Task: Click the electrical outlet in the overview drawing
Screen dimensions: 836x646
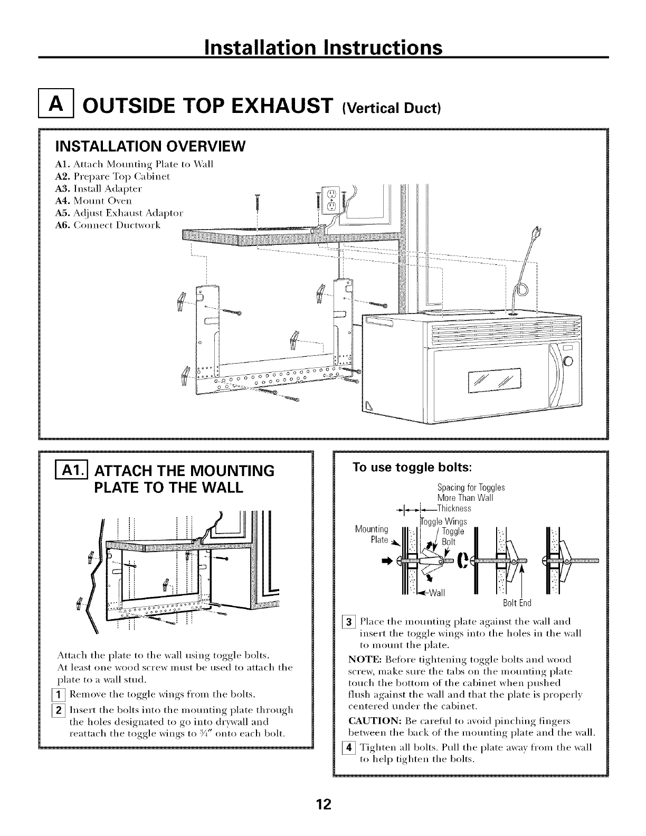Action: coord(330,200)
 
